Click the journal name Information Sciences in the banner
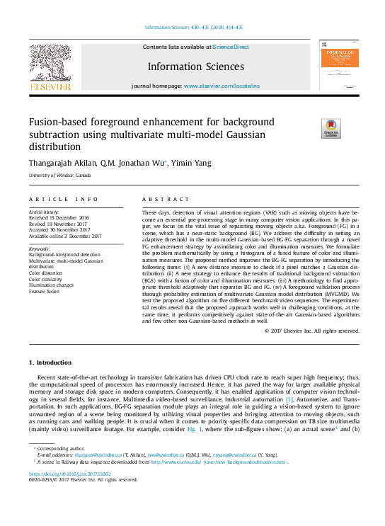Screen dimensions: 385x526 coord(195,67)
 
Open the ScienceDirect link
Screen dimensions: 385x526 coord(231,47)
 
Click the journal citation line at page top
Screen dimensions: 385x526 coord(192,28)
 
